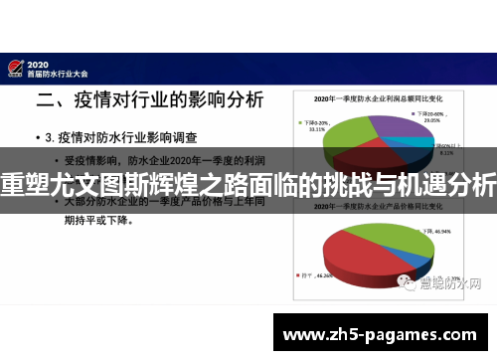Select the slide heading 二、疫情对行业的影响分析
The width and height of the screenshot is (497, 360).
point(150,100)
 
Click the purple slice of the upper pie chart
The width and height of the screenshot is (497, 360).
point(398,129)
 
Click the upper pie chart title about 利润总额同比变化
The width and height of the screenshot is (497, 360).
point(377,99)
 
